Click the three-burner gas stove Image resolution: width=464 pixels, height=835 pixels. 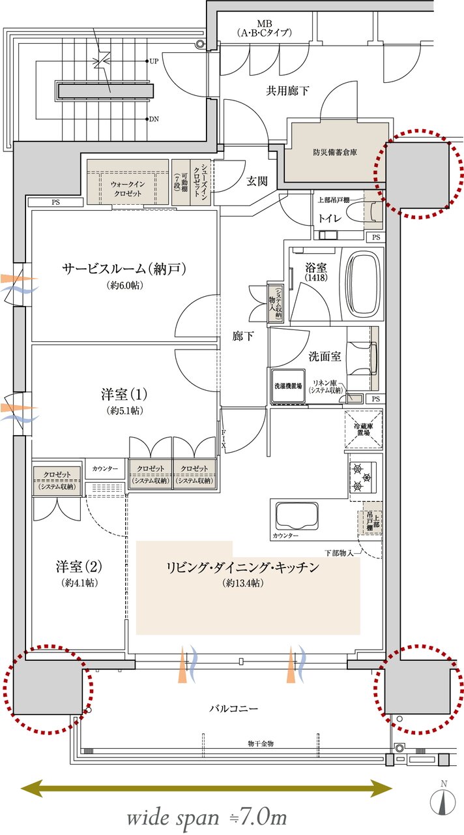point(360,477)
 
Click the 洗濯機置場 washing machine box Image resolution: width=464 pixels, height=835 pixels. point(287,386)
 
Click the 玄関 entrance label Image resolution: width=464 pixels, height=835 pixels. point(257,181)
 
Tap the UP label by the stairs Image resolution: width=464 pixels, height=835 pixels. point(154,61)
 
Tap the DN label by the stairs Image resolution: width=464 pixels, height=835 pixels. point(154,119)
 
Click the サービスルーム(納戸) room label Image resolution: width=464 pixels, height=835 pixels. point(124,269)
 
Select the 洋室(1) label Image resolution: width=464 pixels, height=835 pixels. point(124,395)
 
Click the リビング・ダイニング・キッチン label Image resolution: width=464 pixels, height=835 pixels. point(242,568)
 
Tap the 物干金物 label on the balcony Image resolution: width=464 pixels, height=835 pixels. point(260,743)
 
